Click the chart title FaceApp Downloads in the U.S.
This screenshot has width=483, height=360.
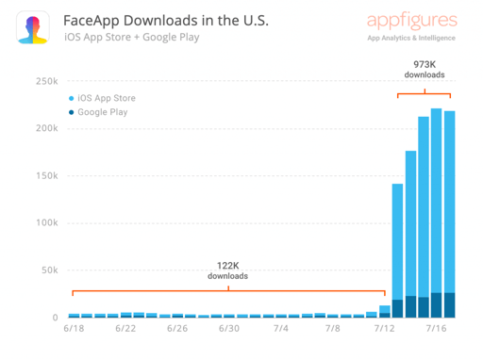pos(158,20)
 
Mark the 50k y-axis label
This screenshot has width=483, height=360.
pos(48,270)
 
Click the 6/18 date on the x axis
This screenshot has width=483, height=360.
pos(74,330)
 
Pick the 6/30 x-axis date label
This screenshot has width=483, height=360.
pos(227,330)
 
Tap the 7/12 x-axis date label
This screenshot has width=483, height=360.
pos(384,330)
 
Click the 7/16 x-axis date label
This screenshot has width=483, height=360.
pos(436,330)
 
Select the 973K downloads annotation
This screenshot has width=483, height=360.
pos(424,70)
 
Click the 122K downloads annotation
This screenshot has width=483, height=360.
pos(227,270)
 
